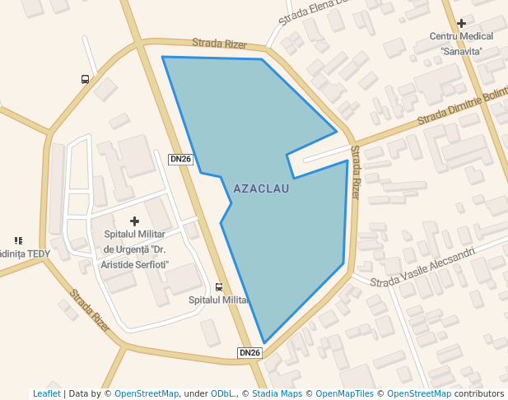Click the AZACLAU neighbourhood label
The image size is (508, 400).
click(261, 188)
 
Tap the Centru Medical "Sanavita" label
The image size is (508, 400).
click(461, 44)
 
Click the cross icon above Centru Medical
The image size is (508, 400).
click(461, 24)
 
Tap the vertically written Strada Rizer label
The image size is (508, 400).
click(355, 172)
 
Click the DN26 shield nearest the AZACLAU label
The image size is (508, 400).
click(180, 159)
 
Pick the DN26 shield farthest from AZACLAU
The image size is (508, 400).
click(249, 352)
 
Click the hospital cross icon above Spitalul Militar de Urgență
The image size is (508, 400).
click(135, 221)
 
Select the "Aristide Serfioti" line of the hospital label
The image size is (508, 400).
click(136, 264)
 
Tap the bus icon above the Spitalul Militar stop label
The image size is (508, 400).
click(218, 287)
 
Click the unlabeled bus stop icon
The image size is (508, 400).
click(85, 79)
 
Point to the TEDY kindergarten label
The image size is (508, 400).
click(25, 253)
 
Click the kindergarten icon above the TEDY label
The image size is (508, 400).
click(18, 240)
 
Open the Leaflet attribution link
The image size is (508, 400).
click(46, 393)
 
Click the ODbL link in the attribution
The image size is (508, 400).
click(222, 393)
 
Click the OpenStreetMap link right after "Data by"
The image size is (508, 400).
click(146, 393)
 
